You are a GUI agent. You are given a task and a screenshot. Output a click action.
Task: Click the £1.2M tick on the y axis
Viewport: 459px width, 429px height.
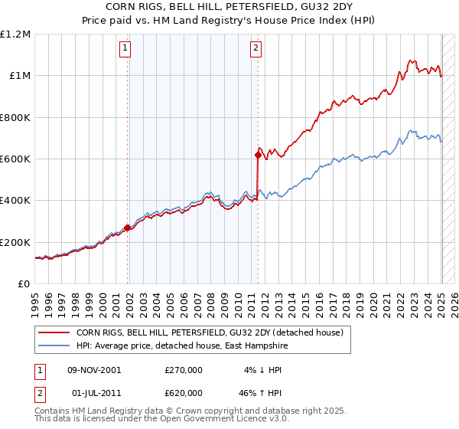click(15, 34)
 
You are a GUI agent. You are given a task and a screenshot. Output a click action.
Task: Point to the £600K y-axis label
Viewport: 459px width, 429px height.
click(15, 159)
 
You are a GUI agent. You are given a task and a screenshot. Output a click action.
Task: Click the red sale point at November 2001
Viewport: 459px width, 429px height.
click(128, 228)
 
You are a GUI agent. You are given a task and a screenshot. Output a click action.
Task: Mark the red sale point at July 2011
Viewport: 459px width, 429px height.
click(258, 155)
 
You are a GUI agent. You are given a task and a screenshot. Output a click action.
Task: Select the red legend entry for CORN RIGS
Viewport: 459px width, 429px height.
click(213, 332)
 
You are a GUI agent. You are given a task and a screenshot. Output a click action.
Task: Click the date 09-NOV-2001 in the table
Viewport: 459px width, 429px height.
click(96, 370)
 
